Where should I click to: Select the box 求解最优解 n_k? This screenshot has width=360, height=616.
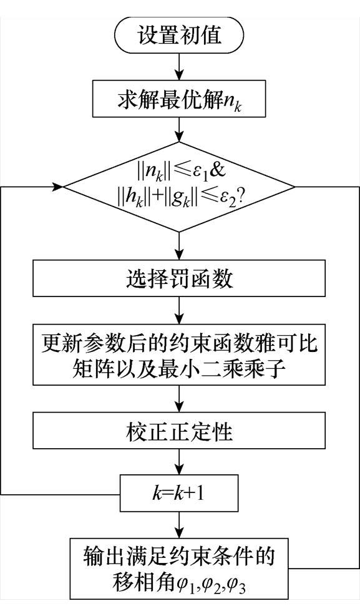(180, 99)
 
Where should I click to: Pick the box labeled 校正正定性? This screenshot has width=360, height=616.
(180, 431)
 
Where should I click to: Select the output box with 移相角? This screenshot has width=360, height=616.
(180, 567)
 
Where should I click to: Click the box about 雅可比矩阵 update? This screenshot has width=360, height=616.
(180, 355)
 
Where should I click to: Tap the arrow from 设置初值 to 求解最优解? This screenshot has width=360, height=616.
(180, 66)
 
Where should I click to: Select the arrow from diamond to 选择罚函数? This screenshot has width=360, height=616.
(180, 247)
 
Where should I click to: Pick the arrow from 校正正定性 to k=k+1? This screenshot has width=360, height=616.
(180, 463)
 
